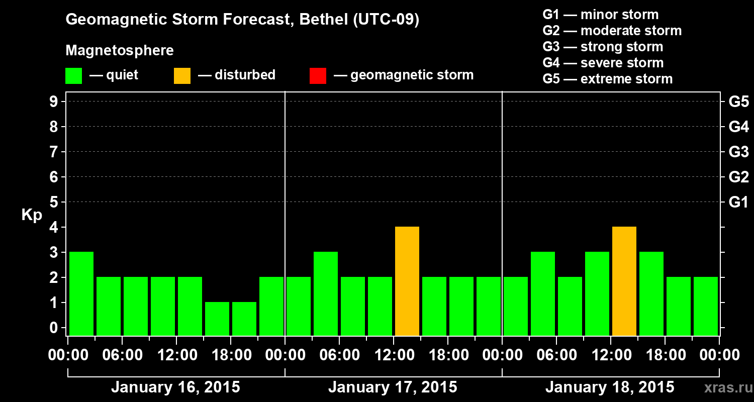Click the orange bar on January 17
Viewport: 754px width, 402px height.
(407, 281)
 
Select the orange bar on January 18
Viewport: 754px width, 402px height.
(624, 281)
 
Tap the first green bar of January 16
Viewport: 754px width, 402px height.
(81, 293)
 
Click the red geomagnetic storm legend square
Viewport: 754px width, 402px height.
(318, 75)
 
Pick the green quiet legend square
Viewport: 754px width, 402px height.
(73, 75)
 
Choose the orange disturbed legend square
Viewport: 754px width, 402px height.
(182, 75)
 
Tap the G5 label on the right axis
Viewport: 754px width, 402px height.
(738, 102)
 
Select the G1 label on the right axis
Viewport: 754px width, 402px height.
(738, 203)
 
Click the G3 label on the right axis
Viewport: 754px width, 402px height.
(738, 152)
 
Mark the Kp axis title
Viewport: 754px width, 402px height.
(32, 215)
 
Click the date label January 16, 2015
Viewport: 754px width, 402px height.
(175, 387)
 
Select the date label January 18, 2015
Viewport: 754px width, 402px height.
(610, 387)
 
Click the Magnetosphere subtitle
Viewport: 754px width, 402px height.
(120, 51)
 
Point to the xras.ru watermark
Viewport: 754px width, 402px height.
(725, 387)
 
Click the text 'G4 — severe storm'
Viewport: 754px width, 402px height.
(603, 63)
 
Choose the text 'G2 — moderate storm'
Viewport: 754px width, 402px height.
(612, 31)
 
